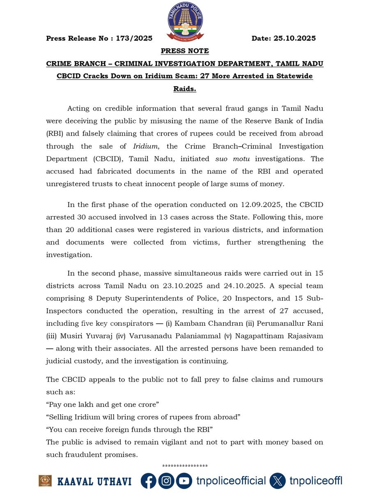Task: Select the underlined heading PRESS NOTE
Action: pos(185,51)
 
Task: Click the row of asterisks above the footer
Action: pos(185,466)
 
